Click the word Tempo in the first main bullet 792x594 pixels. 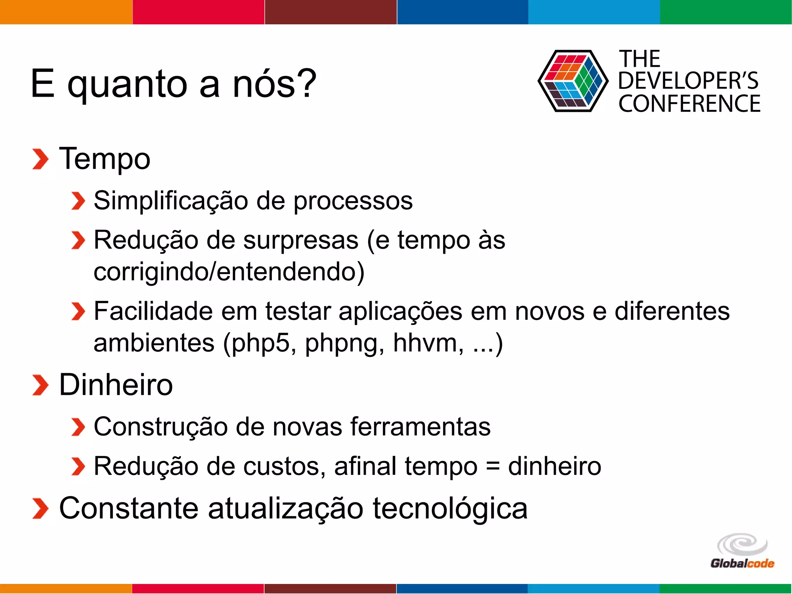click(104, 159)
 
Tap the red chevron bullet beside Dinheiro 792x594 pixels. click(40, 385)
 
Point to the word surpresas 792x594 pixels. click(300, 241)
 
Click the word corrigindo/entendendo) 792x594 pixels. click(229, 272)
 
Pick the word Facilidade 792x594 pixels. click(153, 311)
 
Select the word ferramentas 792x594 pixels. click(420, 427)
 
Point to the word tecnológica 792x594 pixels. click(450, 509)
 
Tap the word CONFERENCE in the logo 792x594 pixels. click(689, 104)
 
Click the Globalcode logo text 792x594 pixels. click(742, 563)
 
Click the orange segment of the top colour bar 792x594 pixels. click(66, 12)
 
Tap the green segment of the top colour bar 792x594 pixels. click(726, 12)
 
